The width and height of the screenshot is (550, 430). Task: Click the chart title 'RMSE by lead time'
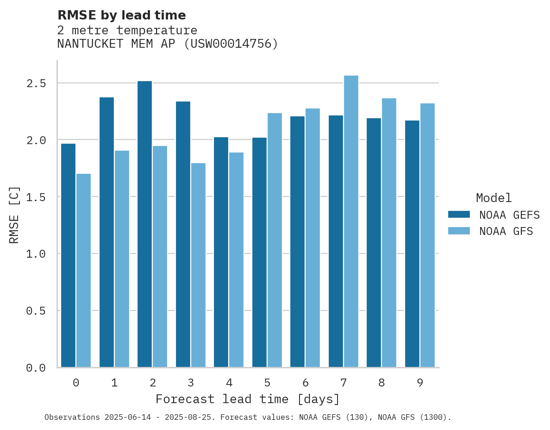pyautogui.click(x=121, y=15)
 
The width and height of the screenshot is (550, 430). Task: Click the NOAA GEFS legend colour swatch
pyautogui.click(x=459, y=215)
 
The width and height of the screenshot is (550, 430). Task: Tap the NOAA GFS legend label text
pyautogui.click(x=506, y=231)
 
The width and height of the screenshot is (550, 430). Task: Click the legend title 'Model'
pyautogui.click(x=494, y=198)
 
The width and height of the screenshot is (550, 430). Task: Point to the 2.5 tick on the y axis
pyautogui.click(x=36, y=83)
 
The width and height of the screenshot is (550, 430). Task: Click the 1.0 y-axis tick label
pyautogui.click(x=36, y=254)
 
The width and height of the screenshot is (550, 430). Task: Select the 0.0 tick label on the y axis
pyautogui.click(x=36, y=368)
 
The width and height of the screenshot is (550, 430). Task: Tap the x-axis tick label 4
pyautogui.click(x=229, y=383)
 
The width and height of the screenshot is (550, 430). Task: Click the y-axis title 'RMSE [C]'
pyautogui.click(x=14, y=215)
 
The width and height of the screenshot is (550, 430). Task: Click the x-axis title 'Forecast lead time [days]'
pyautogui.click(x=248, y=399)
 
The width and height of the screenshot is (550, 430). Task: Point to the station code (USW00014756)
pyautogui.click(x=231, y=44)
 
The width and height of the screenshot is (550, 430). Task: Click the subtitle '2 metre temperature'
pyautogui.click(x=127, y=31)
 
